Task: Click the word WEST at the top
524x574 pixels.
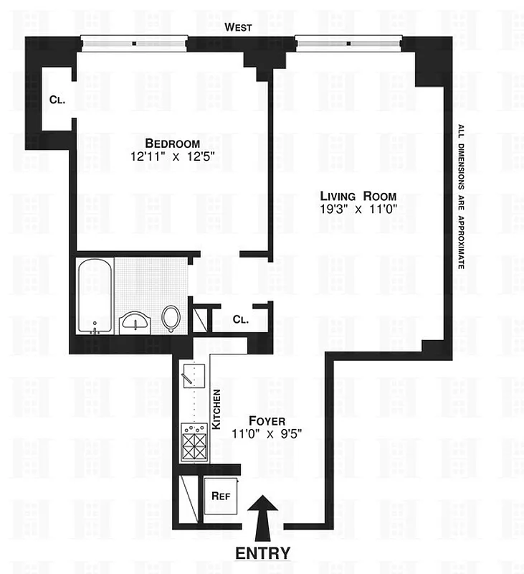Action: point(238,27)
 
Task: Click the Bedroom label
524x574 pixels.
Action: point(172,143)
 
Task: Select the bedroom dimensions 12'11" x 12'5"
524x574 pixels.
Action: point(172,156)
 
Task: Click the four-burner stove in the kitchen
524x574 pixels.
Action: point(194,441)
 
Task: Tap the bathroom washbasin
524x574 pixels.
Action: point(134,321)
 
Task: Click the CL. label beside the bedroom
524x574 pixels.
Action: point(57,100)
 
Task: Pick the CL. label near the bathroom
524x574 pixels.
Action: point(240,320)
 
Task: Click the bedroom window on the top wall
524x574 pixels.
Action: point(133,43)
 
